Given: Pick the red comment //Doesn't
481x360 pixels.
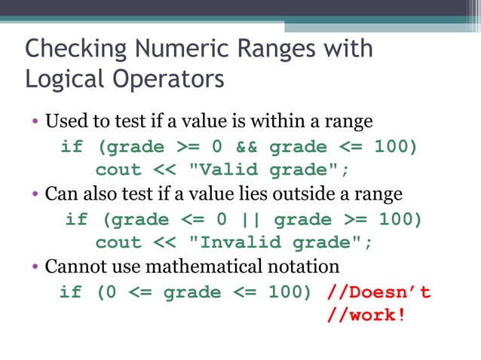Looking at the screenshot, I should pos(380,291).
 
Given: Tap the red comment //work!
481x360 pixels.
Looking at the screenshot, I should pos(366,315).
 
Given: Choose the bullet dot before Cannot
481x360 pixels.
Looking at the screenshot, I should pos(35,267).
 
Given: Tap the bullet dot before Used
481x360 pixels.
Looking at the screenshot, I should pos(35,121).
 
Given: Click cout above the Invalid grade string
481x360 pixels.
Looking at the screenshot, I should pos(118,243).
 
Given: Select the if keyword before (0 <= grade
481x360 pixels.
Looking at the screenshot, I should pos(70,291).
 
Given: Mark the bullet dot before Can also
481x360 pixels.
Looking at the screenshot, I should pos(35,194).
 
